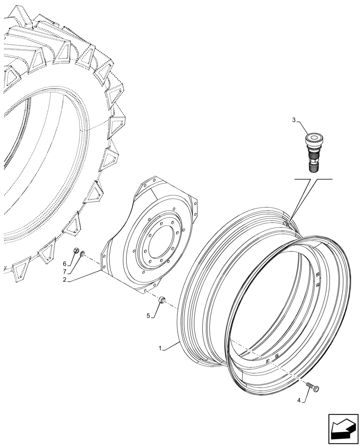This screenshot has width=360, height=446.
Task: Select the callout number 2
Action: (65, 280)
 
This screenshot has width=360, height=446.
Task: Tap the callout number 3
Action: (294, 120)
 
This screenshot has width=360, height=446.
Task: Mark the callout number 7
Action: (65, 271)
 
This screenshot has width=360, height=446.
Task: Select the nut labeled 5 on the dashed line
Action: (162, 299)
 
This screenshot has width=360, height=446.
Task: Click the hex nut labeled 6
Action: (76, 250)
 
